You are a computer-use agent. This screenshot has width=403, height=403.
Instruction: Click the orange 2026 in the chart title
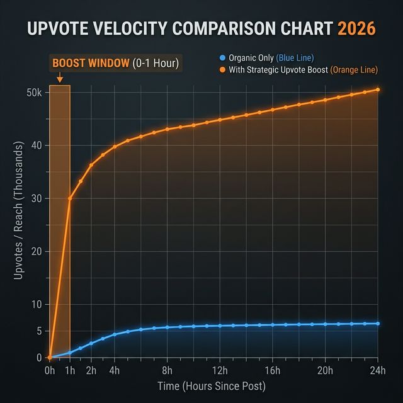pos(357,29)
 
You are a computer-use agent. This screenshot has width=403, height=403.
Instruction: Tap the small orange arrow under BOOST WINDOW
pos(59,79)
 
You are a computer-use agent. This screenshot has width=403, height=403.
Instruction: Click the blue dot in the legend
pos(222,59)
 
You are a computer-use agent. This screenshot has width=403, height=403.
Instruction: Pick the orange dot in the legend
pos(222,69)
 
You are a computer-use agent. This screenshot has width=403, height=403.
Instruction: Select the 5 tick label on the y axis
pos(38,331)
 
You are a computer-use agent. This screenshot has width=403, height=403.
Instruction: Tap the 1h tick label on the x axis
pos(70,370)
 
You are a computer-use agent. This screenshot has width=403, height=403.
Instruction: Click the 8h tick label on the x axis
pos(167,370)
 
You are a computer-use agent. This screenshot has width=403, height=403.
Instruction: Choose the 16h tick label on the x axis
pos(273,370)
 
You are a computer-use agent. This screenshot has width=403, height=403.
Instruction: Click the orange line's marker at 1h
pos(70,198)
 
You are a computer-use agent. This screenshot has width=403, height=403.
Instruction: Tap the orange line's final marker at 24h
pos(378,89)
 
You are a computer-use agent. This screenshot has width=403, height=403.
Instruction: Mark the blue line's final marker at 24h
pos(378,324)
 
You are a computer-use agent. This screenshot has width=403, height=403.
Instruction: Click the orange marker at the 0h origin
pos(49,358)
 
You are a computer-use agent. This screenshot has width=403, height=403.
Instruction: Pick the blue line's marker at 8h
pos(167,327)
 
